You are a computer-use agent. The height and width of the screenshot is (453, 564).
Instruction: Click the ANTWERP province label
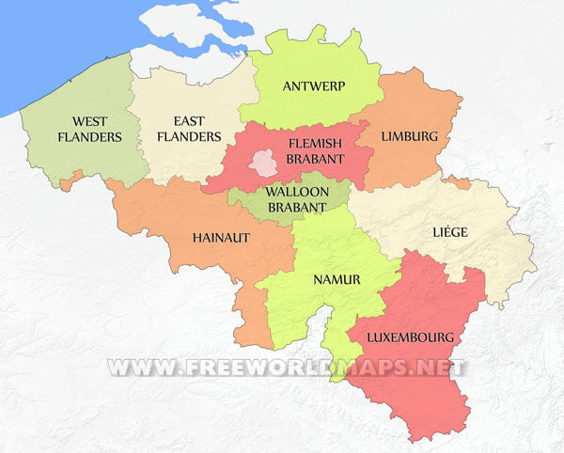(314, 86)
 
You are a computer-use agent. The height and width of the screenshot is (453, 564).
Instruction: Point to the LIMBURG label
(409, 136)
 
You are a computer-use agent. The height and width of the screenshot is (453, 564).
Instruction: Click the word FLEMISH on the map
(315, 144)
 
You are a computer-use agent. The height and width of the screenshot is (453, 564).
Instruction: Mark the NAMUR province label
(334, 279)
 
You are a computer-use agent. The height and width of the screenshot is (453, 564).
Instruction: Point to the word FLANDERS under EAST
(196, 137)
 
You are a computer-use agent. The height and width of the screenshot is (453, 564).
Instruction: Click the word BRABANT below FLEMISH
(315, 160)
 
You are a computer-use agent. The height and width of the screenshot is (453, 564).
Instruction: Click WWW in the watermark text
(132, 367)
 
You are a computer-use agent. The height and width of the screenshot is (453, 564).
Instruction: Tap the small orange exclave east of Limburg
(458, 181)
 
